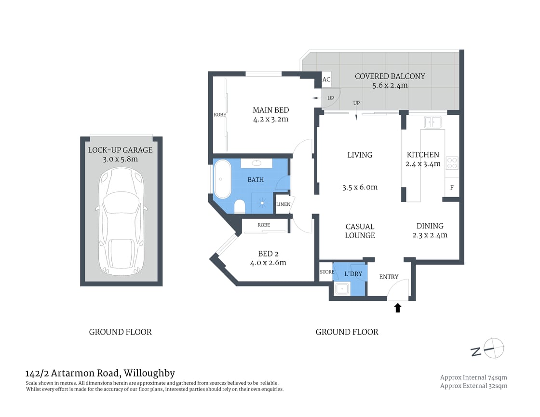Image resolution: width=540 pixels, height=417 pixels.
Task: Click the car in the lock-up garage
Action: click(121, 221)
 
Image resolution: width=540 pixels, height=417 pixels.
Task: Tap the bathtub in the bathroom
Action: click(222, 179)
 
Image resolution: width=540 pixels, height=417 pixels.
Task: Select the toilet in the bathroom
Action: click(239, 207)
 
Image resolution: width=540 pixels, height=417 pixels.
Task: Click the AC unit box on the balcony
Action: click(326, 80)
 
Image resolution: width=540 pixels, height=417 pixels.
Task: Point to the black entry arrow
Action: click(398, 308)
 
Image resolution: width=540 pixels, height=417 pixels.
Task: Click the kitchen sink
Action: click(433, 122)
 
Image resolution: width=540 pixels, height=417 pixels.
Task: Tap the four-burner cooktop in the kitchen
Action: click(452, 163)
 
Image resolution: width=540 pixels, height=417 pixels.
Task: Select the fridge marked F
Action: click(452, 188)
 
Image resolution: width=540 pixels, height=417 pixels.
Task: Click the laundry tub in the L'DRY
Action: click(342, 288)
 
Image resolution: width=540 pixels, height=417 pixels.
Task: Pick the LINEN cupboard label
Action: click(283, 204)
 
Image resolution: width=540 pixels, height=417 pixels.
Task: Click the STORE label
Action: click(327, 272)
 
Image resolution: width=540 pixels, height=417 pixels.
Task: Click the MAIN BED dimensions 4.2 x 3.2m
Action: click(270, 120)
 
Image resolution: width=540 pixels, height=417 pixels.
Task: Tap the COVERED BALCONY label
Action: click(390, 76)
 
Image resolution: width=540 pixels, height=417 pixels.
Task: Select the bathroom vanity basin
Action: click(256, 163)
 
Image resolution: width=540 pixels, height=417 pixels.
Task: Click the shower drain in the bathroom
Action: click(262, 203)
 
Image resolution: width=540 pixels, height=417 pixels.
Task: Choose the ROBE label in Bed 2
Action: click(264, 225)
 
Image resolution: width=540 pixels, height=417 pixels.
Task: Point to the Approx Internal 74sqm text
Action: click(473, 377)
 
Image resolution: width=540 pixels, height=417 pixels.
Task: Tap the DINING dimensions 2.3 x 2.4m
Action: click(430, 235)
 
